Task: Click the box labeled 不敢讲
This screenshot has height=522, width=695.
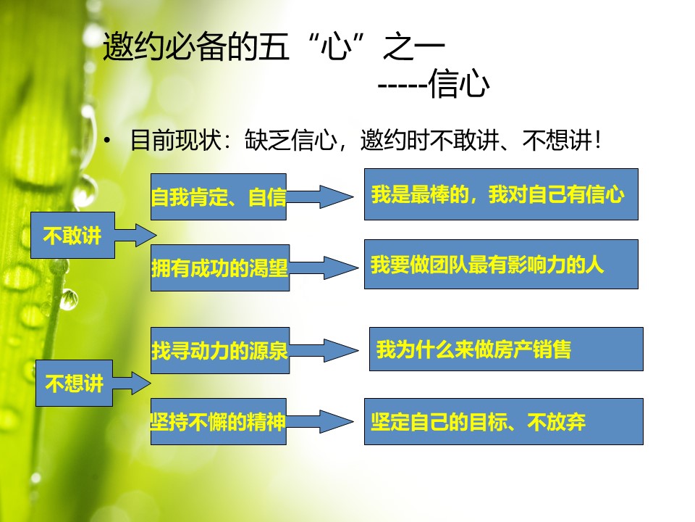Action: pyautogui.click(x=72, y=235)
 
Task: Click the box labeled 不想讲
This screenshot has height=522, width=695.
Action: pyautogui.click(x=74, y=383)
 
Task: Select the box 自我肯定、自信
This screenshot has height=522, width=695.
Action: pyautogui.click(x=219, y=196)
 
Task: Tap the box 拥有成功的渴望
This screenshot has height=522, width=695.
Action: pyautogui.click(x=220, y=268)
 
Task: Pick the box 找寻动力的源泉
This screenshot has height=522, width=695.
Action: pyautogui.click(x=220, y=350)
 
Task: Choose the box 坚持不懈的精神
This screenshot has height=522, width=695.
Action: pyautogui.click(x=219, y=421)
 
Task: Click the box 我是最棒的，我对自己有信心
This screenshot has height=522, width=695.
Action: pyautogui.click(x=501, y=194)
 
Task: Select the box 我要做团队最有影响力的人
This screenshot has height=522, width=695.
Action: pyautogui.click(x=501, y=264)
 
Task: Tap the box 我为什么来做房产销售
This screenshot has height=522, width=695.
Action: pyautogui.click(x=506, y=349)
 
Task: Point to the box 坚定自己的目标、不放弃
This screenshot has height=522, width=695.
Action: pyautogui.click(x=504, y=421)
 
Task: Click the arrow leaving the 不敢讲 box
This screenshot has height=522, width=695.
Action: pyautogui.click(x=135, y=235)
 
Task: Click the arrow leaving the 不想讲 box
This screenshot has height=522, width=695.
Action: pyautogui.click(x=132, y=383)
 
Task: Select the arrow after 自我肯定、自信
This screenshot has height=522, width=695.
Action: pyautogui.click(x=320, y=196)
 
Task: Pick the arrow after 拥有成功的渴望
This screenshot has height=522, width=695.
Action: pyautogui.click(x=324, y=268)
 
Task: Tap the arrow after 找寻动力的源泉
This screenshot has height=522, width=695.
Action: pyautogui.click(x=324, y=350)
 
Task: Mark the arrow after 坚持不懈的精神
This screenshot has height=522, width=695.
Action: pyautogui.click(x=320, y=421)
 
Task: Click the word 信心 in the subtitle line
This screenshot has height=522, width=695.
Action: pyautogui.click(x=459, y=83)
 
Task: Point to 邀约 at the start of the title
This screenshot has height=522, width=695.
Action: pyautogui.click(x=133, y=46)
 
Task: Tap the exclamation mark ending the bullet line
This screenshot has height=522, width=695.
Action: pyautogui.click(x=599, y=140)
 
